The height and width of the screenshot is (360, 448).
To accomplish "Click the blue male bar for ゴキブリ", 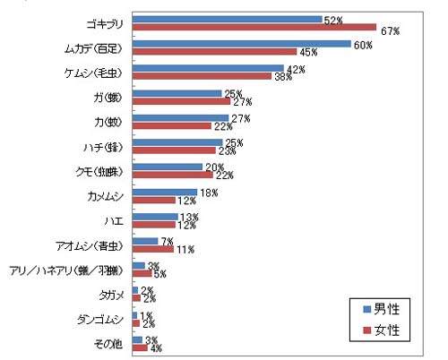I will click(x=227, y=19).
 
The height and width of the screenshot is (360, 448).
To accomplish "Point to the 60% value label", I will click(x=363, y=46).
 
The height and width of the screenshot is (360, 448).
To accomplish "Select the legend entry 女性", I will click(x=385, y=330).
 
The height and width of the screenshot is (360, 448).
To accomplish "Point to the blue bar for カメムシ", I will click(x=164, y=192).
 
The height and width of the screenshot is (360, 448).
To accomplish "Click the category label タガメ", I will click(x=111, y=294).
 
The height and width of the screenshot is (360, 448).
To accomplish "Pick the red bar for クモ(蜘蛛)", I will click(x=172, y=175).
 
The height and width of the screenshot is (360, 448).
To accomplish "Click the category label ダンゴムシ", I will click(x=102, y=319).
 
